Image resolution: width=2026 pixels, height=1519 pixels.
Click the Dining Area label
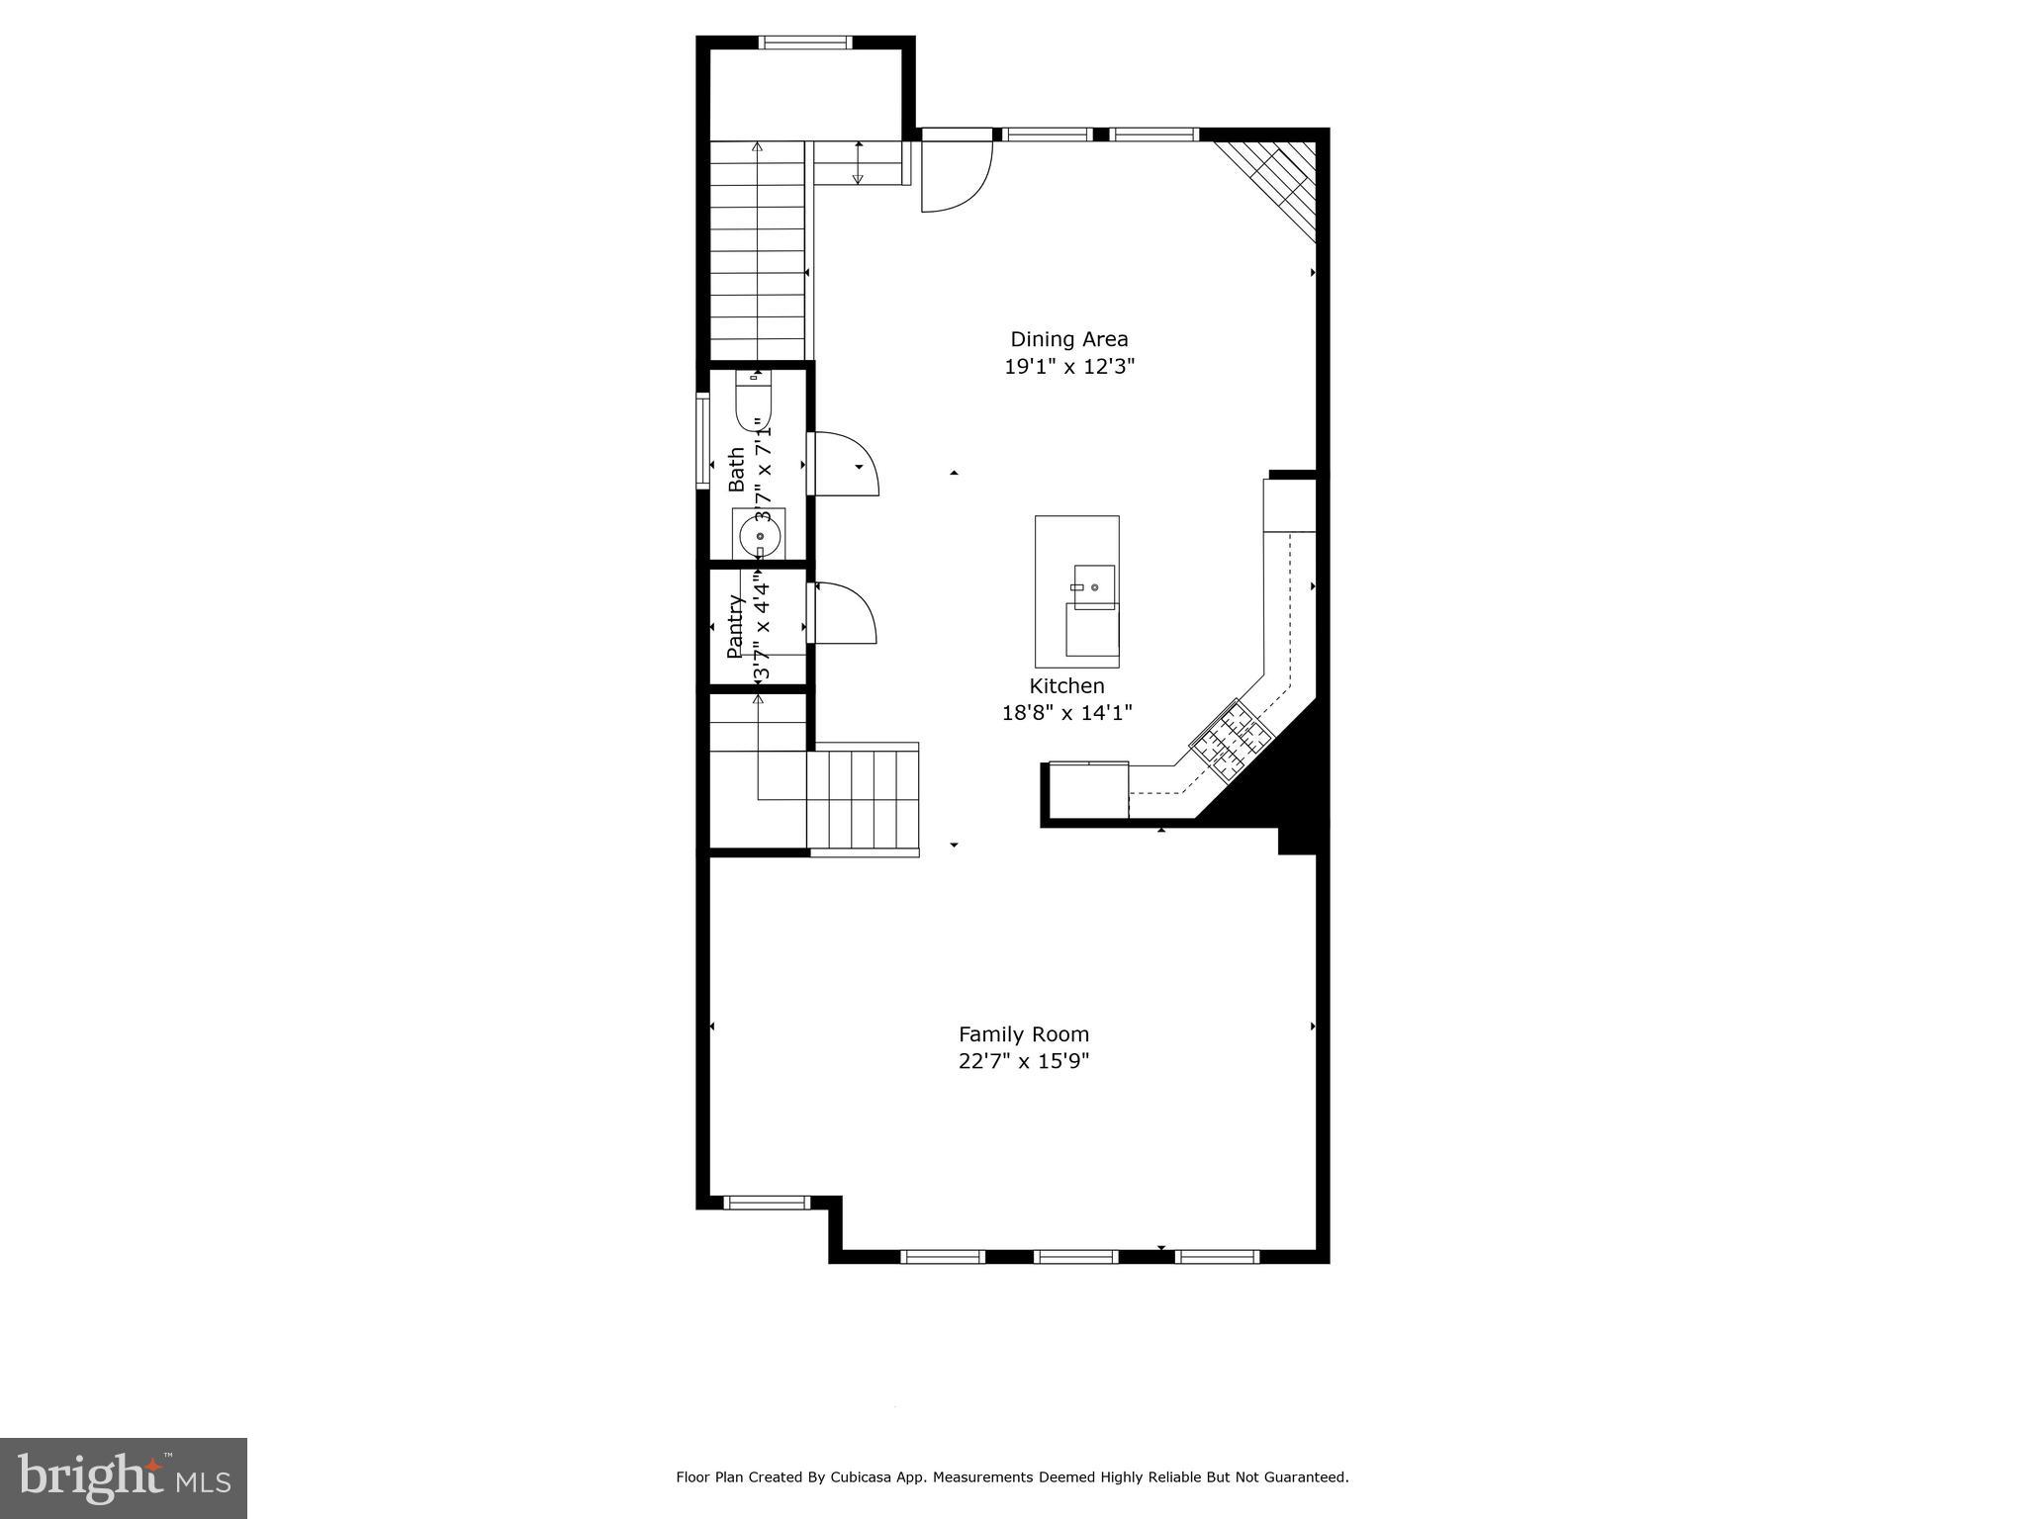point(1068,339)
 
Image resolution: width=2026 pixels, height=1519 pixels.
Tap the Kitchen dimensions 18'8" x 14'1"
point(1066,712)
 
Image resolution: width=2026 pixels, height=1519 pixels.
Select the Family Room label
point(1023,1034)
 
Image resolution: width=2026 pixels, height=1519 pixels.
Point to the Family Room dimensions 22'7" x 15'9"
point(1023,1061)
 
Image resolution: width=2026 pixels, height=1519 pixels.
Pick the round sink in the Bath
point(760,537)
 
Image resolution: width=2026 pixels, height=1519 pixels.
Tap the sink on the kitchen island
point(1093,582)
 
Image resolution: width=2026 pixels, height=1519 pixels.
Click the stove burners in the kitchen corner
point(1231,740)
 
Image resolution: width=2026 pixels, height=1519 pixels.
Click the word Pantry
point(735,626)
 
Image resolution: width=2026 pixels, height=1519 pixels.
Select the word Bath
point(736,470)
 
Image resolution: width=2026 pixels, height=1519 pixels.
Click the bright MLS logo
point(124,1478)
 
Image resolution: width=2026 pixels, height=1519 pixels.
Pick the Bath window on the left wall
point(702,440)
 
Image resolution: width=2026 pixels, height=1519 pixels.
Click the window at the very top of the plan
point(805,43)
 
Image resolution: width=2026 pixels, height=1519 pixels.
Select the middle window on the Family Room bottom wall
point(1075,1257)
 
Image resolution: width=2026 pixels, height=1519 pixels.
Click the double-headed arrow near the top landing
point(858,163)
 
